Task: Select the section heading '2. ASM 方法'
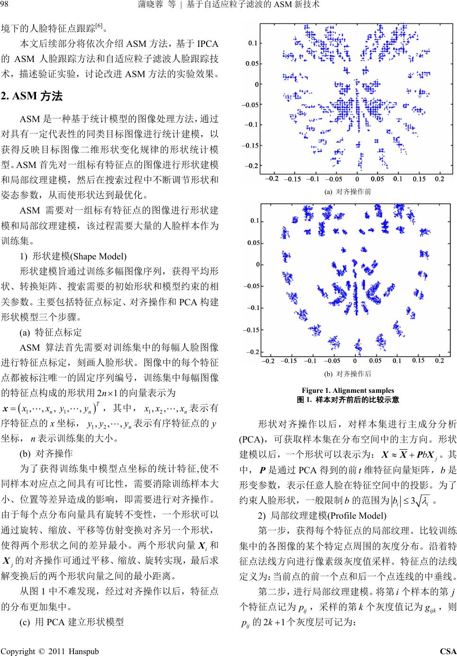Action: (32, 96)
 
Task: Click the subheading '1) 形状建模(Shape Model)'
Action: (73, 256)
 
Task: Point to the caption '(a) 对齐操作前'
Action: (347, 192)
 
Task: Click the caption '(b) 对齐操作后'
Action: (347, 373)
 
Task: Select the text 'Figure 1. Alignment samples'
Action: (348, 390)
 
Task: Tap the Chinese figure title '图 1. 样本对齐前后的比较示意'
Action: (348, 399)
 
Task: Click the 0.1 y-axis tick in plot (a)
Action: (252, 43)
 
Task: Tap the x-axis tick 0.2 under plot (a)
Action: (439, 179)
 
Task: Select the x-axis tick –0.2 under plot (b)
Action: (268, 361)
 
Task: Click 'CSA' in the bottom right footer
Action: (448, 651)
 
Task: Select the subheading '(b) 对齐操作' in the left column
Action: (46, 453)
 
